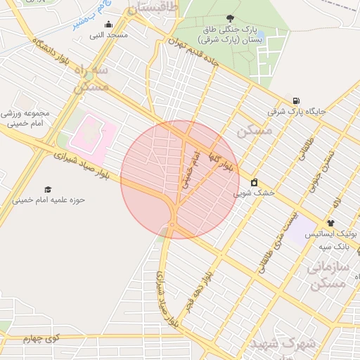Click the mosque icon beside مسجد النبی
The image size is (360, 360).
(x=108, y=25)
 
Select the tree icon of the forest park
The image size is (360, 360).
(x=231, y=19)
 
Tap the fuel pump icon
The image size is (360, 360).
(x=296, y=101)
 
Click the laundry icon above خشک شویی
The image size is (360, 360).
(x=254, y=182)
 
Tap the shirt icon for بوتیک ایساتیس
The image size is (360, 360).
(x=330, y=223)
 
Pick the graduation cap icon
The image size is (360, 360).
(x=48, y=190)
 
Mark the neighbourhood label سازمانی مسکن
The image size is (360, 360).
(x=329, y=276)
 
